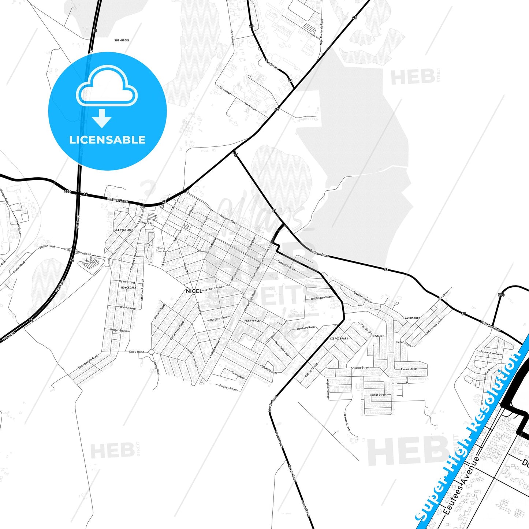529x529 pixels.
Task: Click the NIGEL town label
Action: [194, 291]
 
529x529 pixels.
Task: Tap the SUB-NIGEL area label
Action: [122, 40]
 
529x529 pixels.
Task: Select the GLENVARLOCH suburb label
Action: [124, 230]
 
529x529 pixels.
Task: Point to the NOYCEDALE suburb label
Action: [128, 288]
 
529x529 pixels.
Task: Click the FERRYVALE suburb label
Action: [252, 321]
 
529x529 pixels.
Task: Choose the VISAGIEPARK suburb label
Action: [339, 339]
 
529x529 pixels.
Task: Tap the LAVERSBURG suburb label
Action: [412, 318]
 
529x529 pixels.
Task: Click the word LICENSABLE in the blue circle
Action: [107, 140]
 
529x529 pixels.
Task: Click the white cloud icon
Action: [107, 87]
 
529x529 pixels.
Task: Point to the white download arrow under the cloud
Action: [102, 119]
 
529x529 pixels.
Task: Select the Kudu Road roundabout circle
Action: [151, 352]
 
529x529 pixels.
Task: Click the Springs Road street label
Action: [118, 200]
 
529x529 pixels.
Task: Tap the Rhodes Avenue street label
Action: [89, 254]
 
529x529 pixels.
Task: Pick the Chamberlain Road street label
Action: [88, 362]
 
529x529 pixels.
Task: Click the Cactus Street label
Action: [378, 395]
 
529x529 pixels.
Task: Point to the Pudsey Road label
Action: [228, 387]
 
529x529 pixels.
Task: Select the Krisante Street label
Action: [360, 368]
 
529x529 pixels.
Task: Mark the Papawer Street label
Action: [347, 421]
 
